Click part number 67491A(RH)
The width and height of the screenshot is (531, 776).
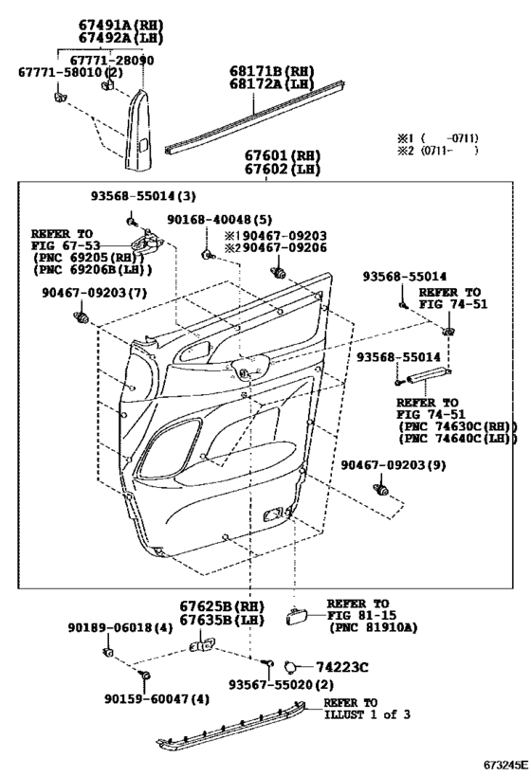(120, 25)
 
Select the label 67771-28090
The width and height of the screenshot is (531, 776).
(112, 61)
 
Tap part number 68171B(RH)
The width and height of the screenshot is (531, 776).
(272, 71)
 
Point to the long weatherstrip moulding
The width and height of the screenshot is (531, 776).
(255, 118)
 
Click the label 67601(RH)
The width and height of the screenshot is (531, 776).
(283, 156)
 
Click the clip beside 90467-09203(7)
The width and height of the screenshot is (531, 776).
(81, 316)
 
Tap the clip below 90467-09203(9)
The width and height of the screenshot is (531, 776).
(381, 490)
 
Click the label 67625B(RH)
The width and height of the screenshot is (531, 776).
(222, 606)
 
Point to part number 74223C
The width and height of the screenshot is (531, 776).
(342, 668)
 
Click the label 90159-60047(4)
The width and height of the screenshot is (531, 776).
(157, 699)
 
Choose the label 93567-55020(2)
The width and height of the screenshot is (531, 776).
(281, 685)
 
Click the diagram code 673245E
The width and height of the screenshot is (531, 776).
(506, 767)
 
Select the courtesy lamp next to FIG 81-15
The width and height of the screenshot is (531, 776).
(296, 617)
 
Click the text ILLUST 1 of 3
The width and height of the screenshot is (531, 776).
(367, 715)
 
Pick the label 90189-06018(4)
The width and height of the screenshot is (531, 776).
(120, 628)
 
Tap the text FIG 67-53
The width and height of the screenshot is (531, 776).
(65, 246)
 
